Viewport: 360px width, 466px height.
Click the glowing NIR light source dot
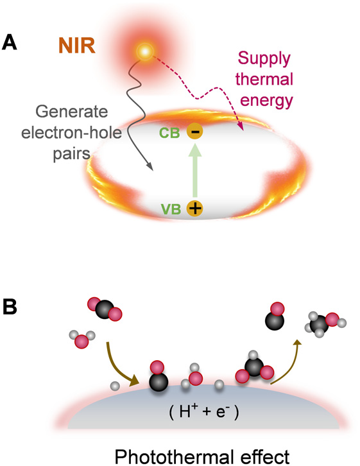tap(146, 51)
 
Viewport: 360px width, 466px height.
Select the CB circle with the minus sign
tap(195, 132)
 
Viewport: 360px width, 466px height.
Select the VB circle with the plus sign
tap(195, 209)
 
